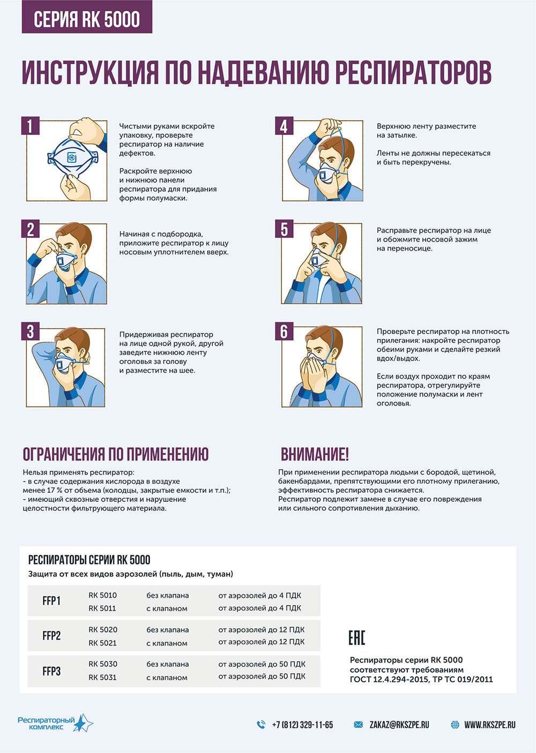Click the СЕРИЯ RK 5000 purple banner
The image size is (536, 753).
point(87,17)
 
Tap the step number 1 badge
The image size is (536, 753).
point(30,126)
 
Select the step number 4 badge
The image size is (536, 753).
point(284,126)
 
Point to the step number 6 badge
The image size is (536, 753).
point(284,331)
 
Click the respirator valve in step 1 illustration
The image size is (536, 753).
point(72,157)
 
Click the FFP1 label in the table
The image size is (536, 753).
point(51,601)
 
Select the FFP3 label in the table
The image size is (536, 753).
point(51,671)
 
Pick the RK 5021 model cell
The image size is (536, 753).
point(102,643)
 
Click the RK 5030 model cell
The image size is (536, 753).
point(103,664)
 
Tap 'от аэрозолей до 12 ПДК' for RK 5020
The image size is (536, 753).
point(262,630)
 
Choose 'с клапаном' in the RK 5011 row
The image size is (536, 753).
point(167,608)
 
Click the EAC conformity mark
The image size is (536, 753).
point(356,638)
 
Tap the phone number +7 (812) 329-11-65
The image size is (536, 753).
point(302,725)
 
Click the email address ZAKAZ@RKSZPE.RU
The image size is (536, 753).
point(399,725)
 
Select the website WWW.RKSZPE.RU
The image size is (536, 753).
point(490,725)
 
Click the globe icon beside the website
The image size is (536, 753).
point(455,725)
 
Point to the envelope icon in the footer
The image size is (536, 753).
point(359,725)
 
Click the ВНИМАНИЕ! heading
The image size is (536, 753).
point(315,454)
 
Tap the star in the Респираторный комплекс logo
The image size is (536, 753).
point(83,723)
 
